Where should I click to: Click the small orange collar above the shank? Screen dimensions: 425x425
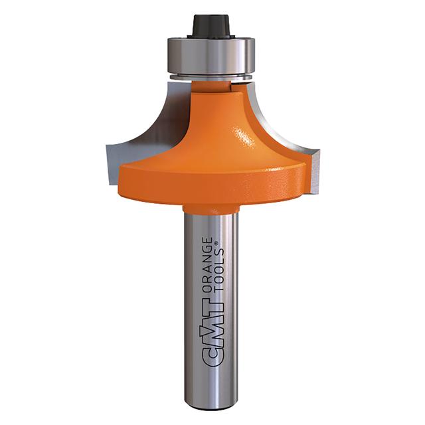click(x=211, y=209)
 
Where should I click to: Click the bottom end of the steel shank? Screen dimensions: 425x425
click(x=211, y=405)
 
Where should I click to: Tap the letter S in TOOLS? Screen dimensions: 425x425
click(x=218, y=250)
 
